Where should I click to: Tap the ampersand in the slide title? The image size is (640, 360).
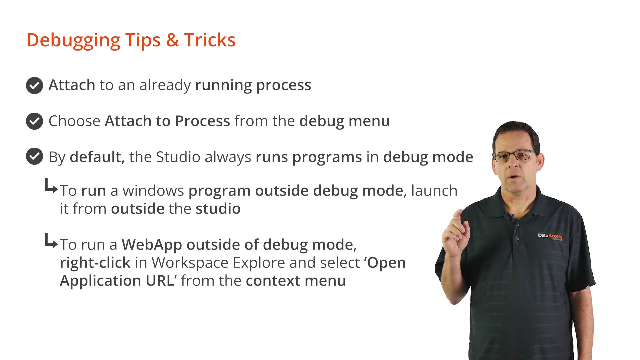point(172,40)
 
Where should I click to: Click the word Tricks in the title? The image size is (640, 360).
point(210,40)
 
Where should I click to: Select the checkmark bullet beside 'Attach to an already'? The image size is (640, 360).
point(34,85)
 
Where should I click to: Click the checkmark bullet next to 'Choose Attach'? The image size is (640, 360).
point(34,121)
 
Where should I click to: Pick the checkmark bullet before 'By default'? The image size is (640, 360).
point(34,156)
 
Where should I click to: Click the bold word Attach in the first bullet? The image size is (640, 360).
point(72,85)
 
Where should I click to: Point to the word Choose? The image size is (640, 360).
point(74,121)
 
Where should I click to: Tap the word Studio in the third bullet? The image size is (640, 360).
point(178,157)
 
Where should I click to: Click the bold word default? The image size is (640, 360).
point(97,157)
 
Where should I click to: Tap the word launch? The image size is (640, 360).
point(434,190)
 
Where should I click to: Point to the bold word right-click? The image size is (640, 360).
point(95,263)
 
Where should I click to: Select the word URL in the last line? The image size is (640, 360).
point(160,281)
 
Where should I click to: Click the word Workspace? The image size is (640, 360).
point(190,263)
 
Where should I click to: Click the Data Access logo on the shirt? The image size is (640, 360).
point(550,236)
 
